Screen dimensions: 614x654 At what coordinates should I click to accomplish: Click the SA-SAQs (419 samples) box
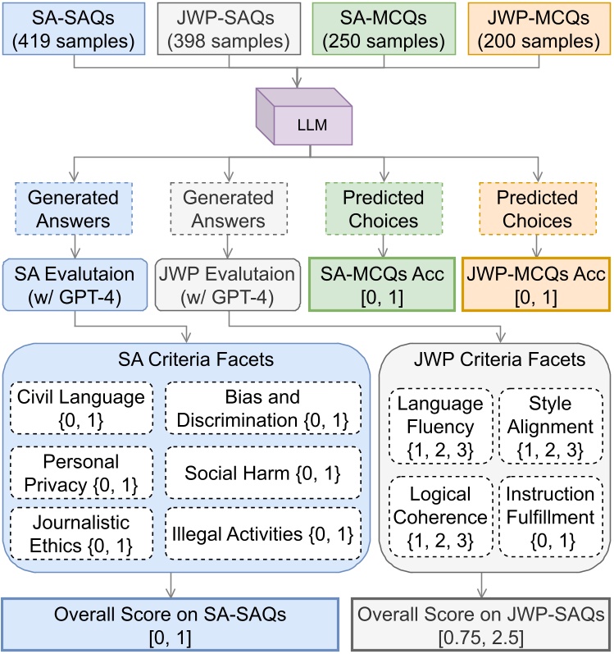(x=74, y=29)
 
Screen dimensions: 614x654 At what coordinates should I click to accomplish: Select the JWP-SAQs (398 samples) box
(x=229, y=29)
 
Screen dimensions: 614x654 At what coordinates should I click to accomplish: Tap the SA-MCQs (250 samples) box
(x=384, y=29)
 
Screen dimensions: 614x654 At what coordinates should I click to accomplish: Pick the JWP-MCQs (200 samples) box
(x=539, y=29)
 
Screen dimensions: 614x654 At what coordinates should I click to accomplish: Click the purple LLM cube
(x=304, y=117)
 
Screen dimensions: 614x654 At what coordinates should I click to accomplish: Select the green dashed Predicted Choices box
(x=384, y=208)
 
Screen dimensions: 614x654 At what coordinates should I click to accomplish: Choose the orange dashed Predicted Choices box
(x=538, y=208)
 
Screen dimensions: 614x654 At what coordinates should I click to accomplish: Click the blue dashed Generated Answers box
(x=74, y=208)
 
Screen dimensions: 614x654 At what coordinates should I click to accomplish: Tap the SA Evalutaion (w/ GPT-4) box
(x=75, y=285)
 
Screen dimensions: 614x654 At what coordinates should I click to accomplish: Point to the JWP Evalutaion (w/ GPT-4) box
(x=227, y=285)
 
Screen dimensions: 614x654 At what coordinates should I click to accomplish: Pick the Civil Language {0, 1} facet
(x=81, y=408)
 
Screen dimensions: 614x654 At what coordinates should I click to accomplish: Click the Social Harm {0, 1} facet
(x=263, y=473)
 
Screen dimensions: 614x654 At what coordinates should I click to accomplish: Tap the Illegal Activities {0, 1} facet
(x=263, y=534)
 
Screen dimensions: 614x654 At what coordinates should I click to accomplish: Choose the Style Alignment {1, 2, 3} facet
(x=551, y=426)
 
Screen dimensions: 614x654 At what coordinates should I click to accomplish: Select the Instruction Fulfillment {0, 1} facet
(x=551, y=517)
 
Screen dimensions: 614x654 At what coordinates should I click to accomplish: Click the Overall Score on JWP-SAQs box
(x=481, y=625)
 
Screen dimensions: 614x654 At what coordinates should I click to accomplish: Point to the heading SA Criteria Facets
(x=196, y=359)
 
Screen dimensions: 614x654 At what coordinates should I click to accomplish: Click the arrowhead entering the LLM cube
(x=297, y=83)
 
